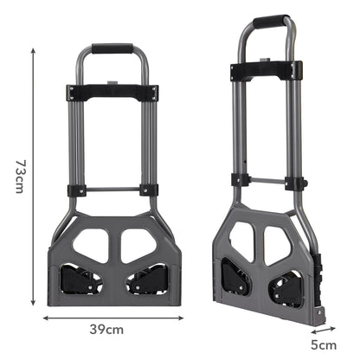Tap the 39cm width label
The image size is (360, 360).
click(108, 329)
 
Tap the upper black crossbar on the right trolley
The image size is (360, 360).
click(267, 70)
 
